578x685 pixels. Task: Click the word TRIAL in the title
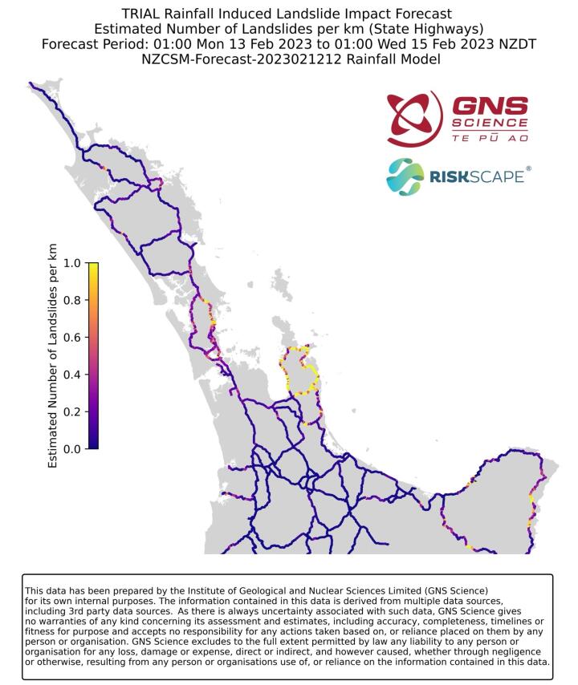point(142,14)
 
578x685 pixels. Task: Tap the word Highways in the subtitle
point(443,29)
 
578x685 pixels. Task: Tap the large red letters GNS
point(490,107)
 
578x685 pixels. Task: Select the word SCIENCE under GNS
point(490,124)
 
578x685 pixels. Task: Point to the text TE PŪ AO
point(490,139)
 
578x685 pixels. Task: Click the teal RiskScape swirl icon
point(405,176)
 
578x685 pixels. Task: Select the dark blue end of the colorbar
point(93,445)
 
